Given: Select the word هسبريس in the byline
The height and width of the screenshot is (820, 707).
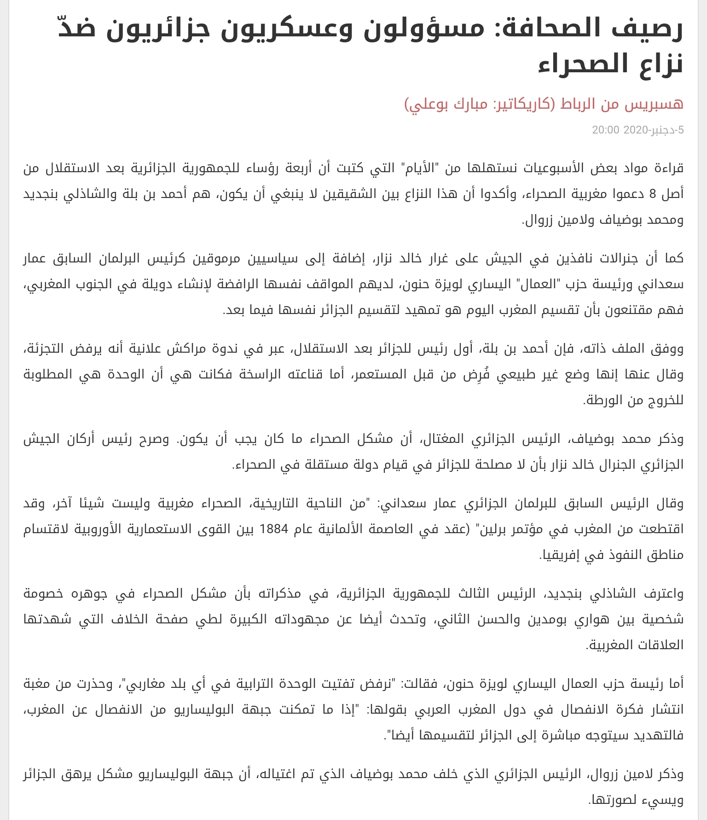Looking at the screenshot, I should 654,104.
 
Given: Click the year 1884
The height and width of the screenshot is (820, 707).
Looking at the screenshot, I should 274,529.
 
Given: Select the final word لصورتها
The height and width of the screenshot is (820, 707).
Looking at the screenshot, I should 610,800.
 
